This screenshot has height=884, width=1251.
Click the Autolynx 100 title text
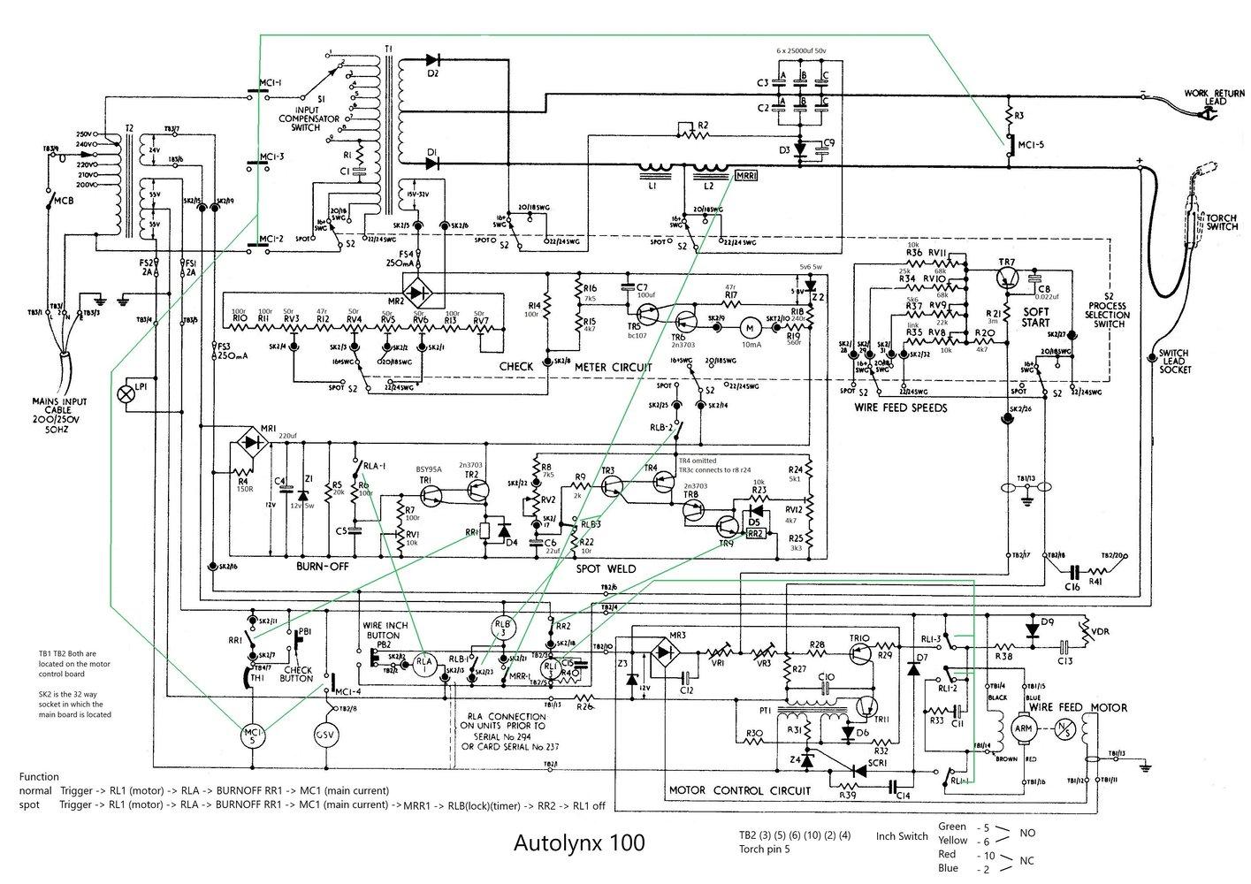pyautogui.click(x=579, y=842)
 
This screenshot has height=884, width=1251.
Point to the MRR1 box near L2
pyautogui.click(x=745, y=176)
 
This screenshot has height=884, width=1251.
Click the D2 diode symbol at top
pyautogui.click(x=432, y=61)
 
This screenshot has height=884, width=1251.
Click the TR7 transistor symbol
pyautogui.click(x=1007, y=278)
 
